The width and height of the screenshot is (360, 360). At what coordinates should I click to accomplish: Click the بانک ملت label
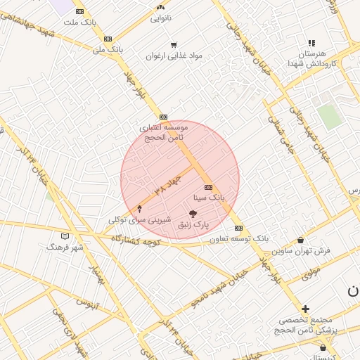[79, 22]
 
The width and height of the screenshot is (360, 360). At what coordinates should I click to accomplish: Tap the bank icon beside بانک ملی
[108, 39]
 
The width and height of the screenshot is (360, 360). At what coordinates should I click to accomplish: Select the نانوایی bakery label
[160, 18]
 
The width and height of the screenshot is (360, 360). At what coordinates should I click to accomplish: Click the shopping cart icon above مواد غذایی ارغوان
[174, 44]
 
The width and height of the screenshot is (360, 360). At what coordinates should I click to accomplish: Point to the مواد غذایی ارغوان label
[174, 56]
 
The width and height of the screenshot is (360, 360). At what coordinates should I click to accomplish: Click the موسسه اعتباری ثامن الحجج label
[164, 132]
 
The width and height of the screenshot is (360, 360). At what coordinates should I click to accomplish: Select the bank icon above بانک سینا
[208, 187]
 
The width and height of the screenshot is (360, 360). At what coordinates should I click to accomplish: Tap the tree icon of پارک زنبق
[193, 213]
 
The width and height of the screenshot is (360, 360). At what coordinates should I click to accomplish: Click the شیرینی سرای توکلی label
[139, 220]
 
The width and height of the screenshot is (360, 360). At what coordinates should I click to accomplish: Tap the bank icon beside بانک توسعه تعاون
[238, 228]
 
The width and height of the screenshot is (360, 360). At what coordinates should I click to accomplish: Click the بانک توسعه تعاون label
[239, 239]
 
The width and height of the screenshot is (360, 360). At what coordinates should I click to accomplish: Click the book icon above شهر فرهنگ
[65, 236]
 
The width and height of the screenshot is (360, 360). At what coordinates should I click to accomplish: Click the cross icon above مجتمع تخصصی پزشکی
[305, 309]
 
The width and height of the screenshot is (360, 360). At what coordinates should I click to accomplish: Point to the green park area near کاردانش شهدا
[328, 116]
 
